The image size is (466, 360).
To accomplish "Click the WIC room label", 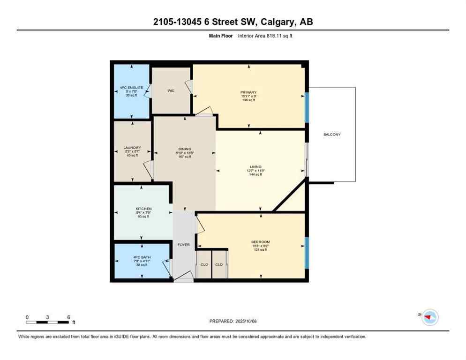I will click(171, 90).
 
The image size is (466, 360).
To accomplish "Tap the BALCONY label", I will click(332, 135).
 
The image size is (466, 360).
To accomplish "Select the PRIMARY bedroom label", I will click(248, 92).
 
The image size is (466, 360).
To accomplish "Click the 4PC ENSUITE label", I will click(131, 87).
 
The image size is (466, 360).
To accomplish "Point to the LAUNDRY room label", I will click(132, 148).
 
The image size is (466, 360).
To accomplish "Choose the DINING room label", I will click(184, 149).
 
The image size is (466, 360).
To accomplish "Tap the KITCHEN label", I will click(143, 209).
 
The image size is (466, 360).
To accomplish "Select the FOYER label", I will click(183, 245).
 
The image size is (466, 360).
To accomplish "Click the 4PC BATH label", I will click(142, 257).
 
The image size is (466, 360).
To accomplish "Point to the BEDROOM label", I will click(260, 242).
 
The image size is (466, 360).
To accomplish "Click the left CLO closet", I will click(203, 264).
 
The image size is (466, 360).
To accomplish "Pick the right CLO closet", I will click(219, 264).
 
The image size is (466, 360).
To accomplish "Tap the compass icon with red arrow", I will click(429, 317).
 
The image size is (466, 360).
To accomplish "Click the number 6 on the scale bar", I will click(68, 317).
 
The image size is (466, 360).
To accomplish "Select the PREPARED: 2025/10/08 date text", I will click(233, 321).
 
